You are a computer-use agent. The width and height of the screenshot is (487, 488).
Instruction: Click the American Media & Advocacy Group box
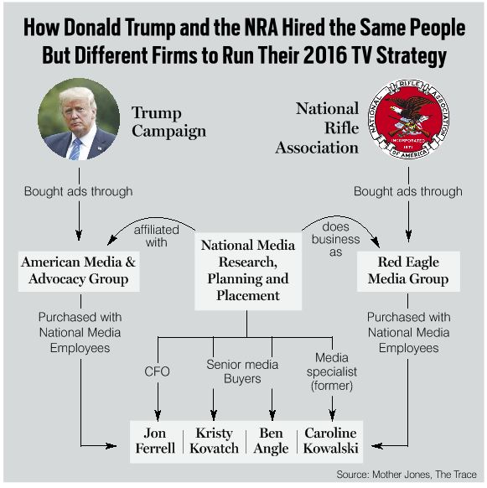[x=79, y=271]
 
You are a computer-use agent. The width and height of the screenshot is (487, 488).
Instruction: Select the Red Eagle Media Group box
[x=408, y=271]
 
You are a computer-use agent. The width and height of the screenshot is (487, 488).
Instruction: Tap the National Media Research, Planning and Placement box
[x=248, y=271]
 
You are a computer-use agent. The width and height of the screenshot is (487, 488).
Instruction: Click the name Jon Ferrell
[x=155, y=441]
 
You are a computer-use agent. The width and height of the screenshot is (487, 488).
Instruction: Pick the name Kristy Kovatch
[x=214, y=441]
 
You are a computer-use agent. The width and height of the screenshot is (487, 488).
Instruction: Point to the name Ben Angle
[x=271, y=441]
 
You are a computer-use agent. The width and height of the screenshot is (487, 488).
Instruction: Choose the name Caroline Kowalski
[x=330, y=441]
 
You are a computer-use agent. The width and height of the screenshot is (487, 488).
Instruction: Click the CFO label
[x=157, y=371]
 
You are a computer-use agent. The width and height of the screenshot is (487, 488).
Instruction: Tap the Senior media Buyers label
[x=242, y=371]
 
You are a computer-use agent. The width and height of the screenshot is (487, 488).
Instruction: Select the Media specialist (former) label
[x=332, y=371]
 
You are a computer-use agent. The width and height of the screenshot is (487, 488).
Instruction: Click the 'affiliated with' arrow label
[x=156, y=236]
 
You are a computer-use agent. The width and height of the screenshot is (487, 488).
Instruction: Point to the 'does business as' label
[x=336, y=239]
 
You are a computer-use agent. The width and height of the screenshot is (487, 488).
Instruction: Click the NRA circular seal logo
[x=408, y=118]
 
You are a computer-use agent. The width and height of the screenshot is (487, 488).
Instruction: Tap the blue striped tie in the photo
[x=75, y=149]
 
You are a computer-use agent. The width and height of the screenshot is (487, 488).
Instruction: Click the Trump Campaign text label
[x=168, y=122]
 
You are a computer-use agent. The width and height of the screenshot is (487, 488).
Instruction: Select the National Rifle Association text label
[x=317, y=128]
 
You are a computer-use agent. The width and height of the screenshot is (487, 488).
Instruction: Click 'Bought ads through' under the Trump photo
[x=79, y=191]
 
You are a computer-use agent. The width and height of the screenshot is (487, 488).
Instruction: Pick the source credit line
[x=407, y=475]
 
